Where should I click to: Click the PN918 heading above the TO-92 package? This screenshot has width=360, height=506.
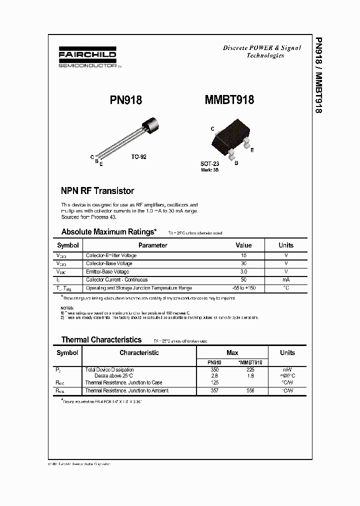[126, 100]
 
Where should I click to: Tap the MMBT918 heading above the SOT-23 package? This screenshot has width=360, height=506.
[229, 100]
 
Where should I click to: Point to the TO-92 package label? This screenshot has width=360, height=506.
[139, 157]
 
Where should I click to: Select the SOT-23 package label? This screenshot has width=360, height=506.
[209, 164]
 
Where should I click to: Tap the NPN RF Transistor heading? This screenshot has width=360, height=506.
[97, 190]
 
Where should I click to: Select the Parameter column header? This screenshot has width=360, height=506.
[152, 245]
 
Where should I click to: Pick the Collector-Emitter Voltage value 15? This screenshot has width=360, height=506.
[243, 255]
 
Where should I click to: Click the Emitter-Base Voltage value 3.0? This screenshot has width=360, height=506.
[243, 271]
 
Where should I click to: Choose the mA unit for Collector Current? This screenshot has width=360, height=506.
[286, 279]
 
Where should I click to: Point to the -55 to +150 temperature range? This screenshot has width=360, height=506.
[243, 288]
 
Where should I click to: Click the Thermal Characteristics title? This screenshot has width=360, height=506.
[101, 339]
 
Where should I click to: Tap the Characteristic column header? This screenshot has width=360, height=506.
[139, 353]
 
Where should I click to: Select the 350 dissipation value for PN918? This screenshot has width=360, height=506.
[214, 370]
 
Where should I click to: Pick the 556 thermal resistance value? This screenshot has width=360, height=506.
[250, 390]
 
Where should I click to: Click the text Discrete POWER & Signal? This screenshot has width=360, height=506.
[261, 48]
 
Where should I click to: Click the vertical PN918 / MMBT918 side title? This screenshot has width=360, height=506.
[318, 75]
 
